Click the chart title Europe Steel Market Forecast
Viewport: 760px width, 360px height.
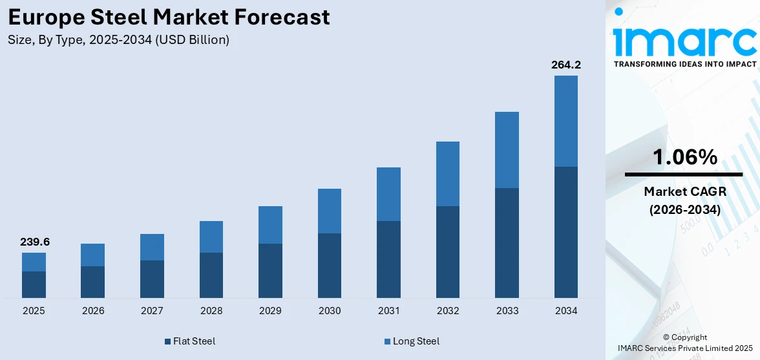click(169, 17)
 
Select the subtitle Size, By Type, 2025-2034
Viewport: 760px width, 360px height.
click(118, 40)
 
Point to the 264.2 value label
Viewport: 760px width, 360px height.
click(565, 65)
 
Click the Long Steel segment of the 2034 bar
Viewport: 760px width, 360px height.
click(565, 121)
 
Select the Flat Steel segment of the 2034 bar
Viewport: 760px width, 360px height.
click(565, 232)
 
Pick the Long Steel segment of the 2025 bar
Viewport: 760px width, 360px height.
click(34, 262)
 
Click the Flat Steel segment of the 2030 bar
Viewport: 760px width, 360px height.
click(330, 265)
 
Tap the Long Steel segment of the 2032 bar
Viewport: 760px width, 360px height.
click(448, 173)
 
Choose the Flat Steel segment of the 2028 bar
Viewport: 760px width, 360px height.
click(211, 275)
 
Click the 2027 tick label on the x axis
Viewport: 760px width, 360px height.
click(152, 311)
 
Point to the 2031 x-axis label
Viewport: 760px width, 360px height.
click(388, 311)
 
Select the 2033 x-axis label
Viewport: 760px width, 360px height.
click(507, 311)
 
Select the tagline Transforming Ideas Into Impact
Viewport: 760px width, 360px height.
click(684, 64)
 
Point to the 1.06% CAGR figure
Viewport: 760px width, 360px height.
click(684, 157)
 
